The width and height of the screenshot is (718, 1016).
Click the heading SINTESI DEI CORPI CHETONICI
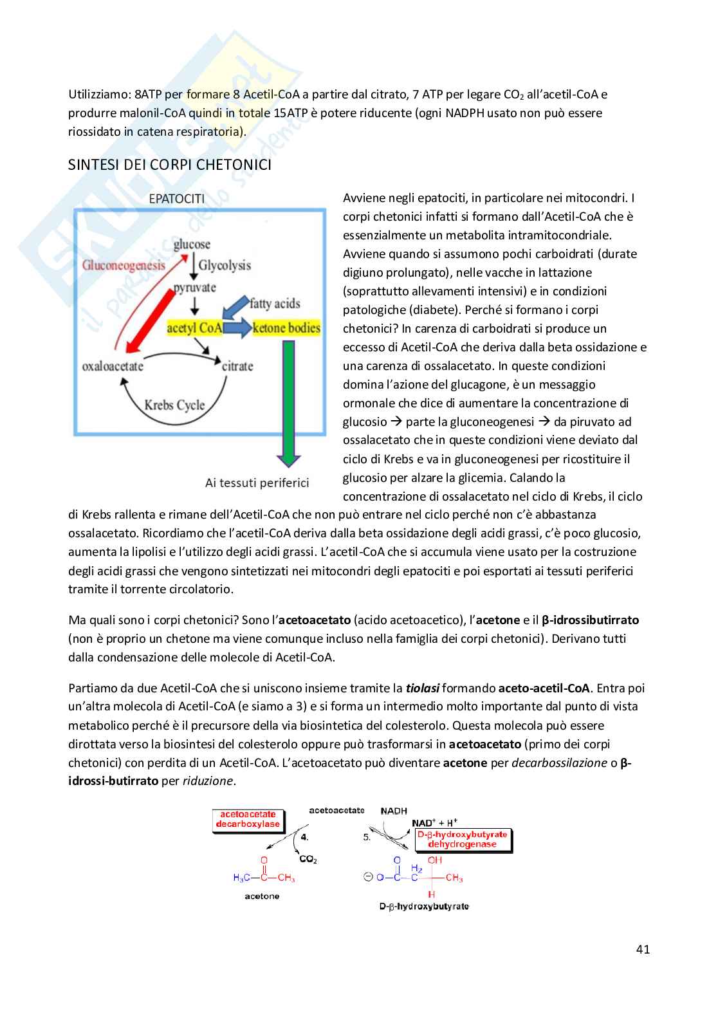(170, 165)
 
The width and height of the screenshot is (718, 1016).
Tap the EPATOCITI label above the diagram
(176, 199)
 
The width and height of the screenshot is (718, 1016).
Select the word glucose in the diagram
(192, 244)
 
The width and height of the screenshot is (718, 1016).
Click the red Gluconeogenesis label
(124, 264)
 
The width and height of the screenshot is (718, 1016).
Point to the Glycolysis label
(225, 264)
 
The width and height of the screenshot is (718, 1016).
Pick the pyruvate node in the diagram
(195, 287)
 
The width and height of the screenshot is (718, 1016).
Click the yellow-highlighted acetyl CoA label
(194, 328)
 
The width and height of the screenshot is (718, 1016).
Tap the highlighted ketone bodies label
(287, 328)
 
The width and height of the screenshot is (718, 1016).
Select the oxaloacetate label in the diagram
(113, 366)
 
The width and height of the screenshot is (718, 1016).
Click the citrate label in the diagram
(237, 366)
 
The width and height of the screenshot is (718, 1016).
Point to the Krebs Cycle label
(175, 405)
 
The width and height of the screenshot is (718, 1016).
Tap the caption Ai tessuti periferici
(257, 483)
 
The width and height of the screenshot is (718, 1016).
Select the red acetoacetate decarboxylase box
(248, 819)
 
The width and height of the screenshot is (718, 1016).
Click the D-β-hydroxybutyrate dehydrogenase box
(462, 839)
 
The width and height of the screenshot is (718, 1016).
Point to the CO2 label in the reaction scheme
(308, 859)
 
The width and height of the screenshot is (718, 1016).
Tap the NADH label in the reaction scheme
(394, 811)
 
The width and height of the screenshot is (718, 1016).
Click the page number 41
(642, 949)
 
